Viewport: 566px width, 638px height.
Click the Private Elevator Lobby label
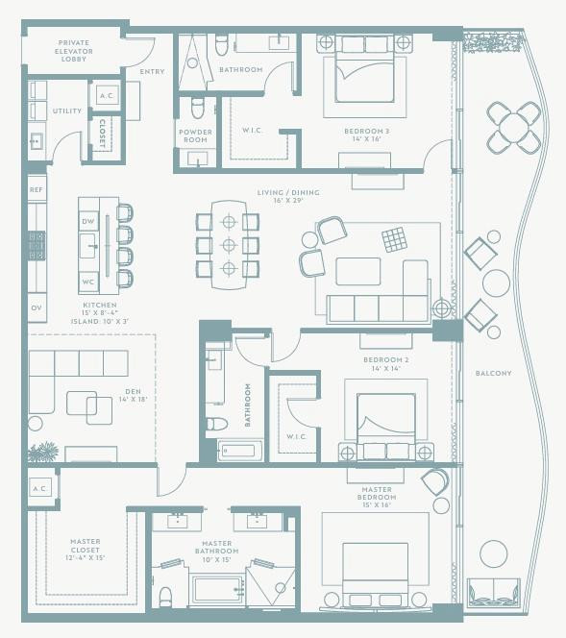point(73,51)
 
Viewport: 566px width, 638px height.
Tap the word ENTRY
point(152,71)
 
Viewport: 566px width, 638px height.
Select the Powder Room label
point(196,135)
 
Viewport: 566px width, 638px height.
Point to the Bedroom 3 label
point(362,134)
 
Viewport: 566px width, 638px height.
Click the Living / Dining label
point(288,196)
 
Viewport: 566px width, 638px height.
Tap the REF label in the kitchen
point(37,190)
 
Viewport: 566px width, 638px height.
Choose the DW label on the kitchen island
point(87,222)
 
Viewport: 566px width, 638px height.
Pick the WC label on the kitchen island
point(87,282)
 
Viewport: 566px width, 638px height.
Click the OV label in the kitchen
point(37,307)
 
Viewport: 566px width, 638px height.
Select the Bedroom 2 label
point(386,363)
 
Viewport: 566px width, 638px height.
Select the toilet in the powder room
point(198,106)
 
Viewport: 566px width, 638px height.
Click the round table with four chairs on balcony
point(513,127)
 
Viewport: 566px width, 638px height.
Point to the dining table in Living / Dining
point(228,244)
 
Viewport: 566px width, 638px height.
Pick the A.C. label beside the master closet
point(39,488)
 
